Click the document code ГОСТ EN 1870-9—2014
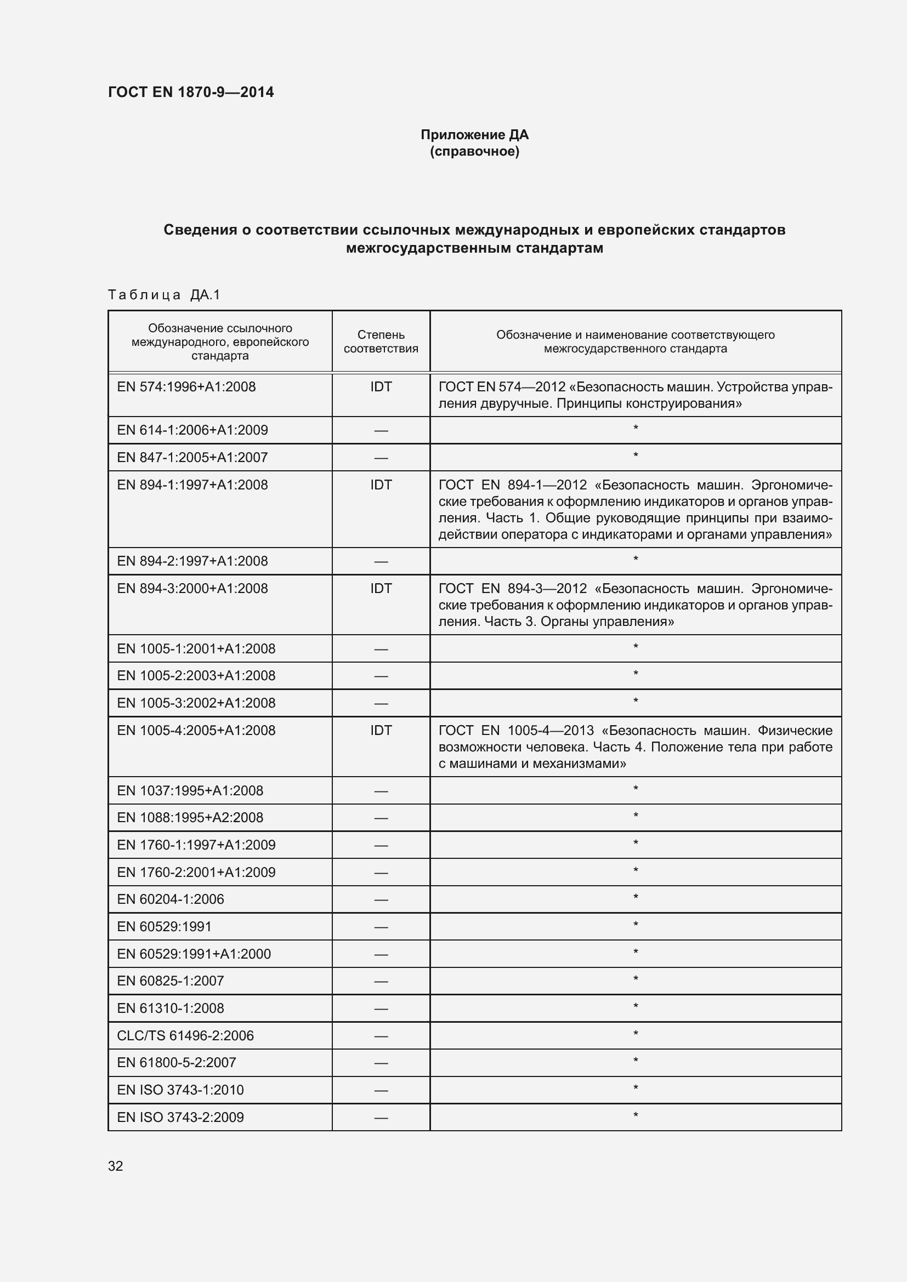190,92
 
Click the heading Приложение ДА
474,135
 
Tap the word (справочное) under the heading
474,151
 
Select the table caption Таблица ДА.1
163,294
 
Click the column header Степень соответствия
381,341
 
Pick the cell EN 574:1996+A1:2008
186,386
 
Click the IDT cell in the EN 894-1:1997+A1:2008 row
381,485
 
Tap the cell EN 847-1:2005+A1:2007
192,457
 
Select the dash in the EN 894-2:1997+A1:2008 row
381,561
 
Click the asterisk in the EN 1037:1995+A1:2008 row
635,789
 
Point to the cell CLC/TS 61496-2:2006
185,1035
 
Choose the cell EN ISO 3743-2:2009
180,1116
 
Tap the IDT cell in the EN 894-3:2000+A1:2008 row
381,588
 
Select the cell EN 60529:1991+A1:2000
193,954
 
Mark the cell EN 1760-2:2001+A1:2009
196,872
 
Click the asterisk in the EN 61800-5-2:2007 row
635,1061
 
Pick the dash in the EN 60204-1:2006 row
381,899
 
